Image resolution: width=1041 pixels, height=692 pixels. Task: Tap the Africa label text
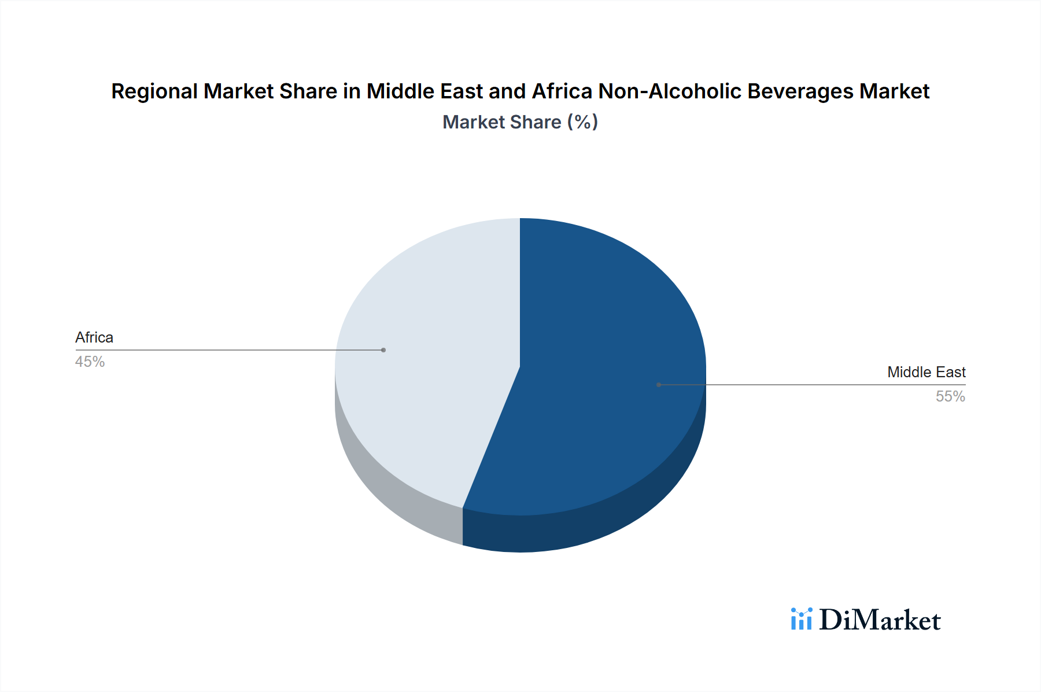(x=94, y=337)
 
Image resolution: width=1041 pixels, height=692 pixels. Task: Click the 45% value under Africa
(x=90, y=362)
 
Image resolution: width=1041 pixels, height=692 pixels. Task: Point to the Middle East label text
(x=926, y=372)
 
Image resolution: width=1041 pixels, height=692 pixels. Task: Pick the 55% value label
(x=950, y=396)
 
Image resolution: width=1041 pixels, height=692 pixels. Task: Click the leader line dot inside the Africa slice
(x=383, y=350)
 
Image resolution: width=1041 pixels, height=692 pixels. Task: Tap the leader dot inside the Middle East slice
(x=659, y=385)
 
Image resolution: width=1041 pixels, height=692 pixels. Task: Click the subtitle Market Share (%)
(x=520, y=122)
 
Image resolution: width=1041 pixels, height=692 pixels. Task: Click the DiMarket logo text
(x=879, y=620)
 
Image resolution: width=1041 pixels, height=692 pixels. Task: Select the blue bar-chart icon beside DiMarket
(x=802, y=619)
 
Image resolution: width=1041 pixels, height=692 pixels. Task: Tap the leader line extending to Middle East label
(x=839, y=385)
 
